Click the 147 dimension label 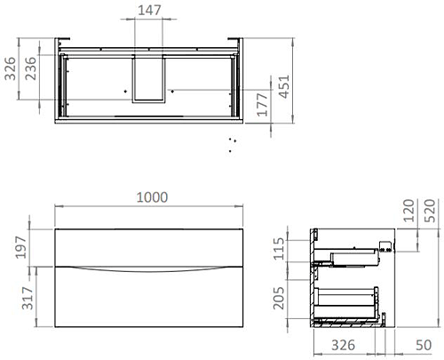pyautogui.click(x=148, y=12)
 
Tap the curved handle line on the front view pyautogui.click(x=149, y=268)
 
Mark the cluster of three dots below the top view pyautogui.click(x=232, y=144)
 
